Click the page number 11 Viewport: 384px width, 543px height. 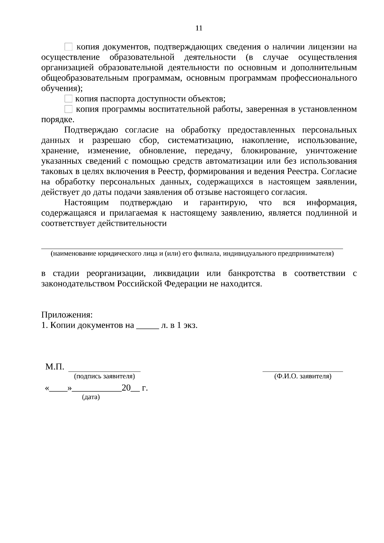[199, 28]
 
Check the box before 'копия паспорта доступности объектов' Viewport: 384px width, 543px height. [68, 99]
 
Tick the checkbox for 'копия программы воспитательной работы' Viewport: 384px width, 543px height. [68, 109]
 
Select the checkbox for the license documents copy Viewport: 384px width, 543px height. [68, 47]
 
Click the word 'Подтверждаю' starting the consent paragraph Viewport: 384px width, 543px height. [91, 130]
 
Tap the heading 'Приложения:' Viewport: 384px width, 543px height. [67, 315]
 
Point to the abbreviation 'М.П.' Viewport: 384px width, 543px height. [55, 366]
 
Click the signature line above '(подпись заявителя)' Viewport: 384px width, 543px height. [105, 371]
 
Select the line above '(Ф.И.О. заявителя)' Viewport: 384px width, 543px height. [302, 371]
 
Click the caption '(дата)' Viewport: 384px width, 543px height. [91, 397]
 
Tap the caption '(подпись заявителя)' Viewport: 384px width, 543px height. [104, 376]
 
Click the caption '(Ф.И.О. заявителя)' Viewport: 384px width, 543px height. [303, 376]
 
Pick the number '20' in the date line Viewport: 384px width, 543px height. [126, 388]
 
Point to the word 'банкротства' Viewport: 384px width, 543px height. [252, 274]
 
